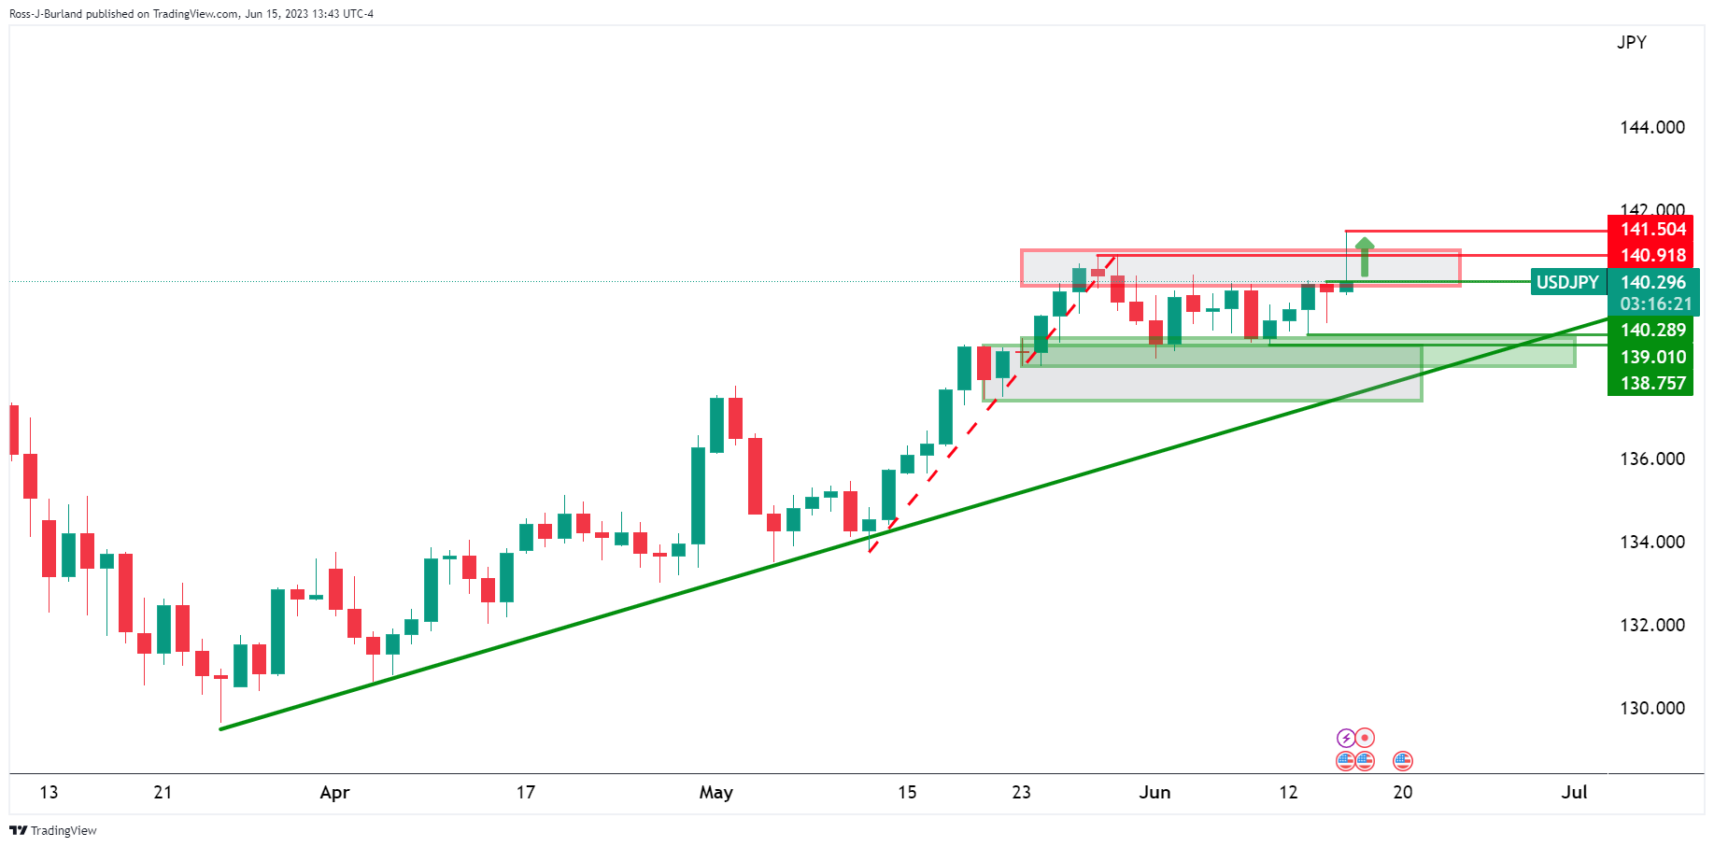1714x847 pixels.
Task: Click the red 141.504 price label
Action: click(x=1651, y=230)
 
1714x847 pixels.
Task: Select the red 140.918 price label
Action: click(x=1651, y=255)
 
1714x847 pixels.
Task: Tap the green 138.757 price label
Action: click(x=1651, y=383)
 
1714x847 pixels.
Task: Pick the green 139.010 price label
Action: click(x=1651, y=357)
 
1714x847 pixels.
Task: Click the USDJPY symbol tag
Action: click(x=1567, y=282)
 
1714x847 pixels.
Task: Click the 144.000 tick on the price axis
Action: click(x=1651, y=128)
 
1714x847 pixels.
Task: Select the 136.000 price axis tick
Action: click(x=1651, y=459)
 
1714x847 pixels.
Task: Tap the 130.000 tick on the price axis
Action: click(x=1651, y=708)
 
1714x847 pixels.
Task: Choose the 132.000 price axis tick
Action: click(x=1651, y=625)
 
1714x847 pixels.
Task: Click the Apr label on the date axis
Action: click(x=334, y=793)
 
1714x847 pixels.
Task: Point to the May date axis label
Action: click(x=715, y=793)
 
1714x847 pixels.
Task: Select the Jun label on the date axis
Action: click(x=1154, y=793)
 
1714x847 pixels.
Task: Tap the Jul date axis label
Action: click(x=1574, y=793)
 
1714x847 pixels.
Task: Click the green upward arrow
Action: click(x=1365, y=256)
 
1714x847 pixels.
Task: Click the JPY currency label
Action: click(x=1631, y=43)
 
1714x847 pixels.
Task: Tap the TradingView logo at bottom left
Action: click(x=53, y=830)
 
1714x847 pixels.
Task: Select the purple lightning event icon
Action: click(x=1345, y=738)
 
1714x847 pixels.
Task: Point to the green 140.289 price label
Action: click(x=1651, y=331)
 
